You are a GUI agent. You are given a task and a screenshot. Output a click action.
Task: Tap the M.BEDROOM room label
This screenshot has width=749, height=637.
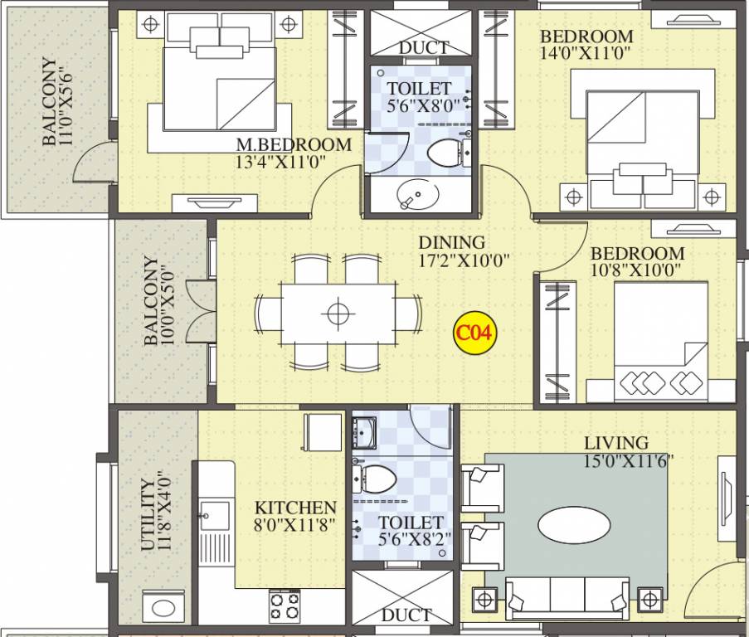point(294,145)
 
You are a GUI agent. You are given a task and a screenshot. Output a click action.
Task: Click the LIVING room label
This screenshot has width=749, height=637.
point(615,443)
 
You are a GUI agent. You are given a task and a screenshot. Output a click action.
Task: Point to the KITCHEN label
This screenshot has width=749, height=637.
point(295,508)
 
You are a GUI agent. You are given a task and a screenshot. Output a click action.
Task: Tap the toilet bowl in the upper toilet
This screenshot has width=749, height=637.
point(445,152)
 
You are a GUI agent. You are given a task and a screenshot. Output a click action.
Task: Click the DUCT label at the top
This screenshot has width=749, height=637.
point(424,47)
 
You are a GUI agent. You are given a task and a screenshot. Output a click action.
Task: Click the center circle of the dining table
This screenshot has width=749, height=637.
point(336,314)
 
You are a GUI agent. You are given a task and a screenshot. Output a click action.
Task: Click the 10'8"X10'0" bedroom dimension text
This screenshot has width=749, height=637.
point(637,270)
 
